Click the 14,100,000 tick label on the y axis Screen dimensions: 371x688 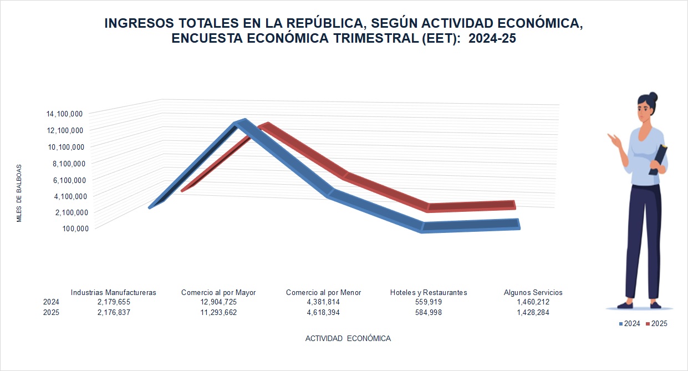[65, 114]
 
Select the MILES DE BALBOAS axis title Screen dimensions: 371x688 [19, 193]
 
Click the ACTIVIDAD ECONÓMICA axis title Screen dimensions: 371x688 [348, 338]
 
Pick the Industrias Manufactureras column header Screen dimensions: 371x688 [114, 292]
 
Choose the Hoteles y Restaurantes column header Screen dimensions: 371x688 [429, 292]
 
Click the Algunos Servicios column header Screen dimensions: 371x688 [533, 292]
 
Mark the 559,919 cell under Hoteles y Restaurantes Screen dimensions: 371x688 [429, 302]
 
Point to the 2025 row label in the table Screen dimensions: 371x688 [51, 312]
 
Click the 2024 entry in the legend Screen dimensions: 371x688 [630, 323]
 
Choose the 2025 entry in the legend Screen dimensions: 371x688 [657, 323]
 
